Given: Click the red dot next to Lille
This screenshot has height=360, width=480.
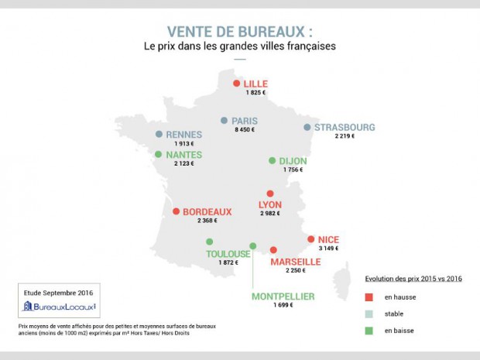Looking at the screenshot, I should [x=236, y=84].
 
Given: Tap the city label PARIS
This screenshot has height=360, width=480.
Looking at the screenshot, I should [x=245, y=121].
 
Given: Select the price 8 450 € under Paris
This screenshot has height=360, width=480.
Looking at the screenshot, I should [x=245, y=131].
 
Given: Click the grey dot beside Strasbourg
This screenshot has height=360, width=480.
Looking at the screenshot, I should [x=307, y=127].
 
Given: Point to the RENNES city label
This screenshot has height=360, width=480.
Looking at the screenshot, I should [x=183, y=134].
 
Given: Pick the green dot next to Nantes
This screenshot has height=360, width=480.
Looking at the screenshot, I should [x=159, y=154].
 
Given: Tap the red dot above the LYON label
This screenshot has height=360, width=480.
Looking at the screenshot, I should [x=269, y=194].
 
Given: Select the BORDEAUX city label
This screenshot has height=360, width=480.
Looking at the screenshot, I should [x=207, y=211].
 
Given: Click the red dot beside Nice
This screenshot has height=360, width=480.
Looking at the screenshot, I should [x=310, y=239].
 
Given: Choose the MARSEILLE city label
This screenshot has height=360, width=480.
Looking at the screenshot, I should [x=295, y=262].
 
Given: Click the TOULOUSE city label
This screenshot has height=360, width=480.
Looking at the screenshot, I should [x=228, y=254].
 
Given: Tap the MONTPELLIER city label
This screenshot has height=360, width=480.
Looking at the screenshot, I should [x=283, y=297].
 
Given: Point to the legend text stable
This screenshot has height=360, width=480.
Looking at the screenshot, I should [x=395, y=314].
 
